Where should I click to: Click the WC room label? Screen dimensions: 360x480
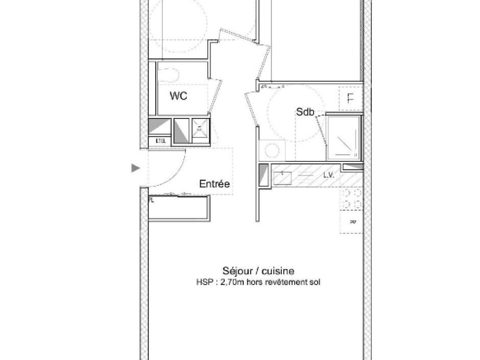(x=178, y=96)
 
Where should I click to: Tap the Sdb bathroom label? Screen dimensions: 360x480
(x=305, y=112)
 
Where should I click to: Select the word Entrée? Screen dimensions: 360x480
(x=214, y=184)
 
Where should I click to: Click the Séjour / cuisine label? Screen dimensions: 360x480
(x=258, y=271)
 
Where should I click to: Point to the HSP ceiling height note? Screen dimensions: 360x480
(x=258, y=282)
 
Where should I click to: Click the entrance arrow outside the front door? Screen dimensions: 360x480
(x=135, y=167)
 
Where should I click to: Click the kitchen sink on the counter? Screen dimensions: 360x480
(x=282, y=177)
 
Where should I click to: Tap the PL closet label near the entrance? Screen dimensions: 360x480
(x=151, y=201)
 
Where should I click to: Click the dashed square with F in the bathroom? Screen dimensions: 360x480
(x=350, y=98)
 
